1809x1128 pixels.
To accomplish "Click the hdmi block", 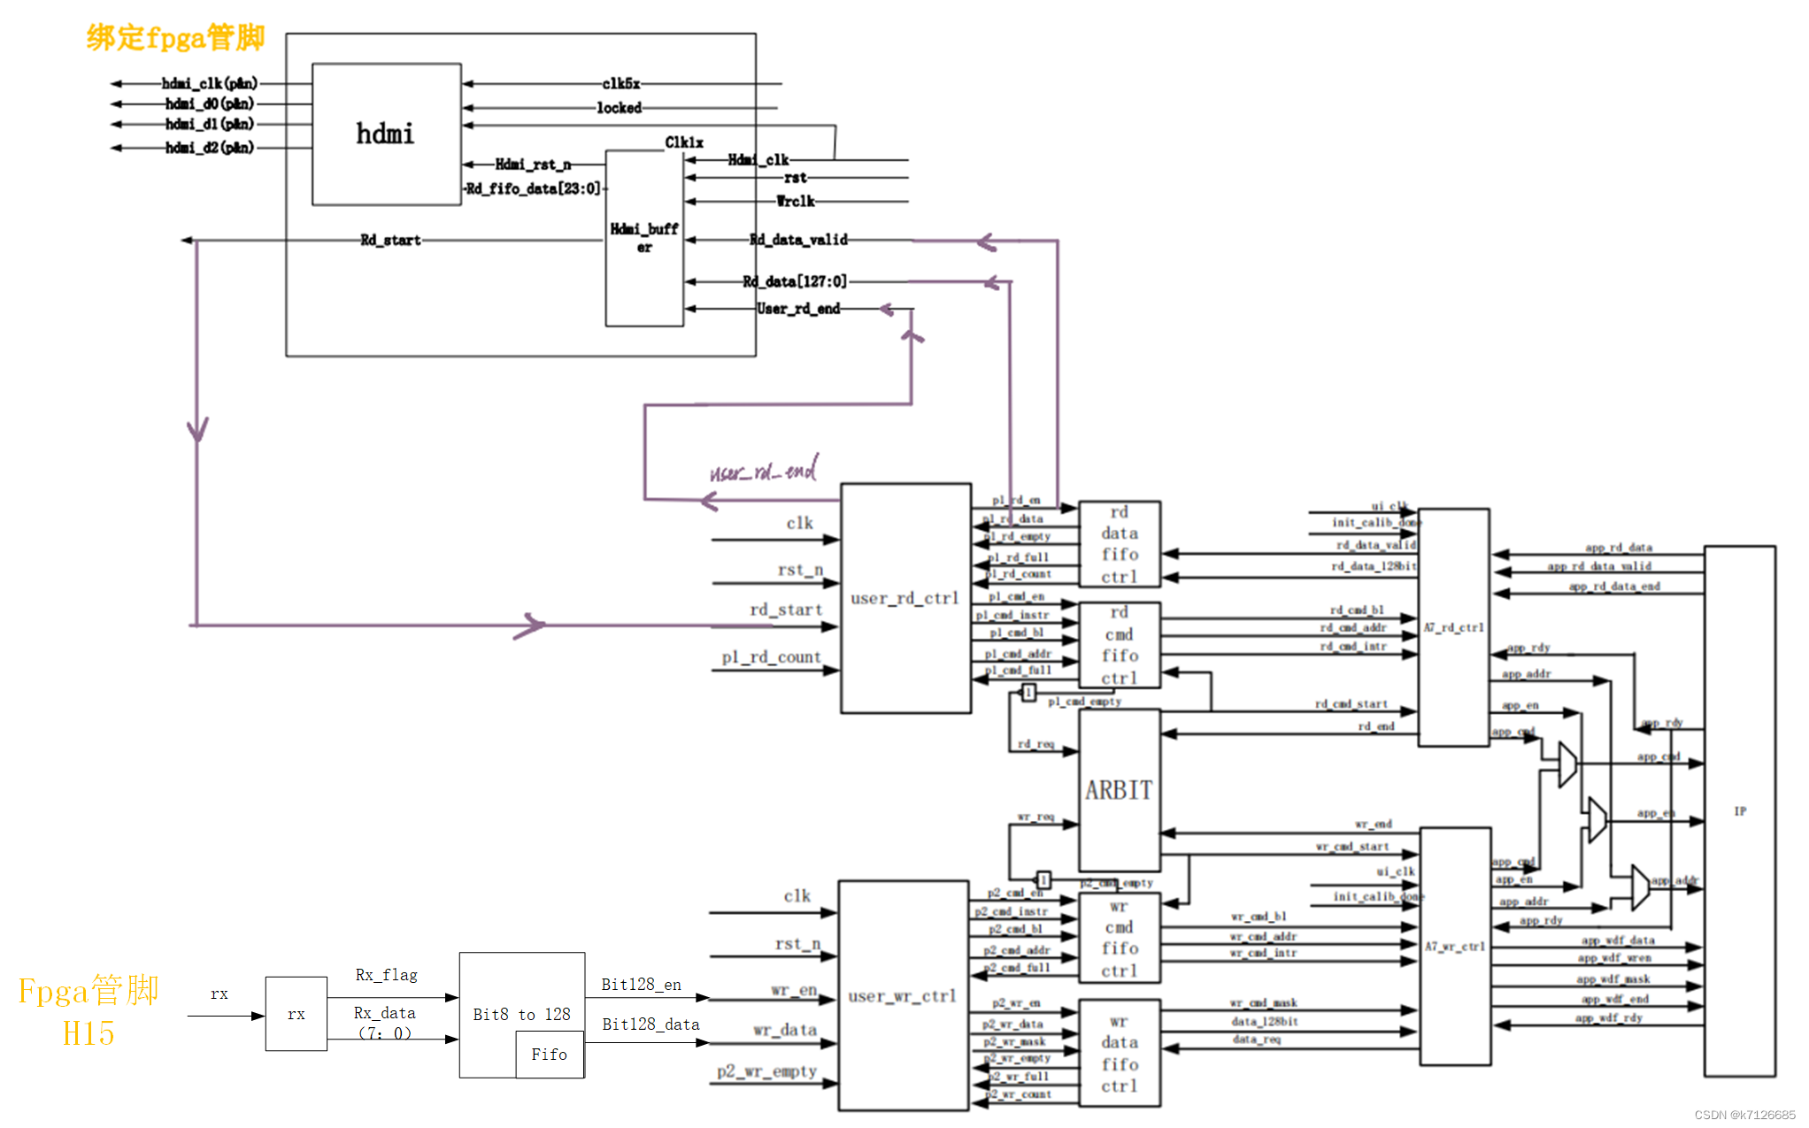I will pyautogui.click(x=386, y=134).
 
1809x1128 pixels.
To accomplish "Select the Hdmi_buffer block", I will pyautogui.click(x=644, y=237).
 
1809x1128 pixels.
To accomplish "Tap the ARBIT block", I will pyautogui.click(x=1119, y=790).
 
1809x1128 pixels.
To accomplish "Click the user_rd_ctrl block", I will pyautogui.click(x=904, y=598).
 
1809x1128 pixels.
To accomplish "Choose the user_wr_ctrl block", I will pyautogui.click(x=902, y=995).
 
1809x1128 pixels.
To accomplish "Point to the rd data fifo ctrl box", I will pyautogui.click(x=1120, y=544).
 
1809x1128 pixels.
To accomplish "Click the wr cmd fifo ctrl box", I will pyautogui.click(x=1120, y=938).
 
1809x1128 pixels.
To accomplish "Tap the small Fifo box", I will pyautogui.click(x=550, y=1054).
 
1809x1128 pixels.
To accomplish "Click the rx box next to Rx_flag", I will pyautogui.click(x=296, y=1014).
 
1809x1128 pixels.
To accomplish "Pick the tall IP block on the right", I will pyautogui.click(x=1739, y=810).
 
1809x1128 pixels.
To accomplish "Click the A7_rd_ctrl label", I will pyautogui.click(x=1453, y=627).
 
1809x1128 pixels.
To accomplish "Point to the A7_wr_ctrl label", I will pyautogui.click(x=1454, y=946).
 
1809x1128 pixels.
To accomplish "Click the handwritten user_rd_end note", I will pyautogui.click(x=764, y=470).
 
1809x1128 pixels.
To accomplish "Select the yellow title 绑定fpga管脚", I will pyautogui.click(x=175, y=37).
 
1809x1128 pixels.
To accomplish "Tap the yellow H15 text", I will pyautogui.click(x=89, y=1032).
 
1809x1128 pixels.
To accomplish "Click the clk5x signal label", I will pyautogui.click(x=620, y=84).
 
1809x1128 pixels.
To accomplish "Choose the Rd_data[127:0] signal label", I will pyautogui.click(x=795, y=281).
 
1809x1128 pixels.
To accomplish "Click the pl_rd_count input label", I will pyautogui.click(x=771, y=657).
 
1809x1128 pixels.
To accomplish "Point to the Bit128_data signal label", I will pyautogui.click(x=650, y=1024).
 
